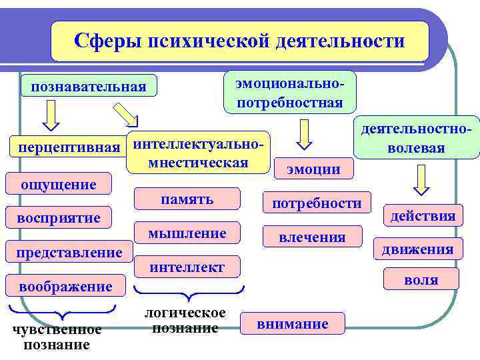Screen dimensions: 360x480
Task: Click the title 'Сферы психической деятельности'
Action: (239, 41)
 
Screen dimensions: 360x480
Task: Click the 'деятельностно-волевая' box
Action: (416, 137)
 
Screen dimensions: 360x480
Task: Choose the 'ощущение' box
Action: (59, 183)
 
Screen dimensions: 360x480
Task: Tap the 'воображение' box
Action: (65, 286)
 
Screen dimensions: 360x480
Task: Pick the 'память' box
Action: (187, 199)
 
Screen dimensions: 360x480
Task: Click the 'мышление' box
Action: (187, 233)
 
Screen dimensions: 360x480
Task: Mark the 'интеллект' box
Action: (187, 267)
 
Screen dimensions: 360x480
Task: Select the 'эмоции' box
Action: (313, 169)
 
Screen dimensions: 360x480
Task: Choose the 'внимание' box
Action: (293, 324)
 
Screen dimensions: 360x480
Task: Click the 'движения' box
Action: (417, 249)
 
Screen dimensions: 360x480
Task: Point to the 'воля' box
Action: (421, 279)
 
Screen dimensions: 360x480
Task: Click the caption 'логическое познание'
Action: (186, 321)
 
